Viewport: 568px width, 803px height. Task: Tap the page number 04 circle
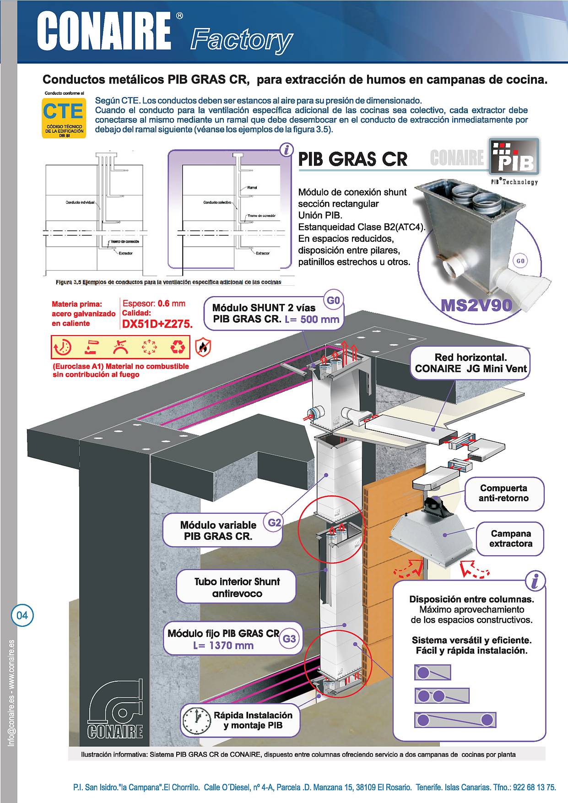22,615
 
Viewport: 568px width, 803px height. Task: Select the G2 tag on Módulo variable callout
274,522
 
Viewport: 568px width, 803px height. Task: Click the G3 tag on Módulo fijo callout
289,639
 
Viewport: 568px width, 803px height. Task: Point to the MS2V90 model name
476,305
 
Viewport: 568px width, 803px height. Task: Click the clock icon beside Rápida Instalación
196,720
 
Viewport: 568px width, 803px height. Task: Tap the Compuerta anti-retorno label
503,494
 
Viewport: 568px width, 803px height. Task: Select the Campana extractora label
510,539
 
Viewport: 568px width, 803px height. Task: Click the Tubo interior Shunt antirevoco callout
237,587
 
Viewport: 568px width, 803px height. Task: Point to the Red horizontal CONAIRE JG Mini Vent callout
471,363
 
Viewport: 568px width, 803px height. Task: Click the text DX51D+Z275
157,324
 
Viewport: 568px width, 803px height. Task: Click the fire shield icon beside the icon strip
203,348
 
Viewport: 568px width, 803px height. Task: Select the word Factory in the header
241,40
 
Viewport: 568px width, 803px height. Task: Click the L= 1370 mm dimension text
223,646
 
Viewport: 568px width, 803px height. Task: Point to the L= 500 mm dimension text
312,319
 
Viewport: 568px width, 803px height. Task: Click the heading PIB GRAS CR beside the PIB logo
352,159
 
